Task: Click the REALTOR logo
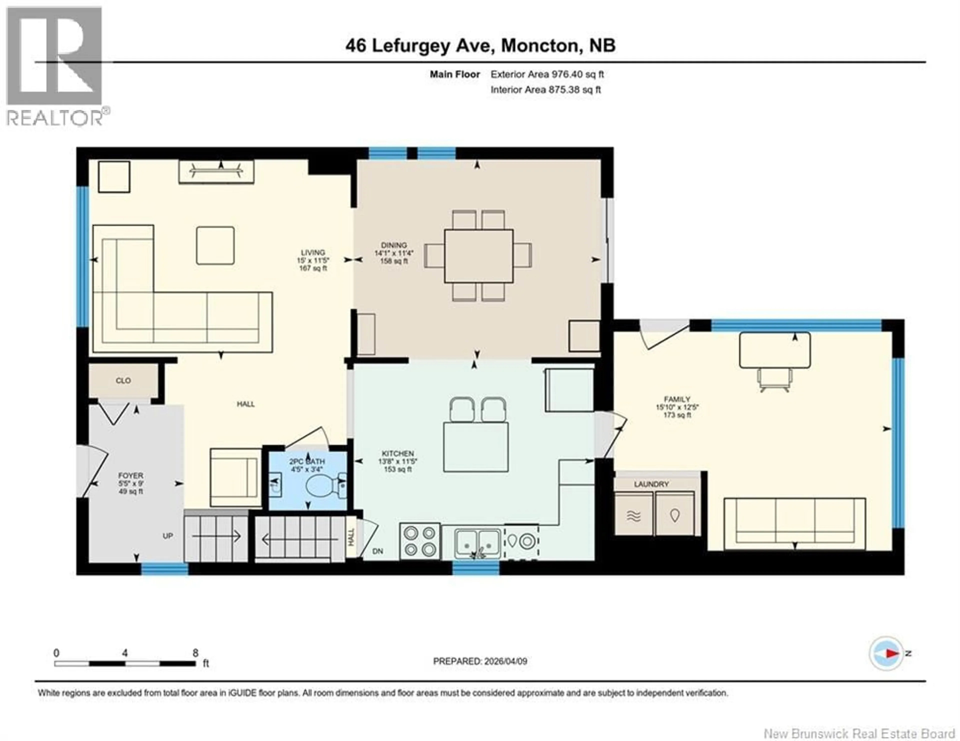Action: (55, 66)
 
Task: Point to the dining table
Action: (478, 256)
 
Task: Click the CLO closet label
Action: (123, 380)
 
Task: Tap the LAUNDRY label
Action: (651, 484)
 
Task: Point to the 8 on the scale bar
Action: (195, 653)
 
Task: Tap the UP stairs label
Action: (167, 536)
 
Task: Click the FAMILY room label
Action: (677, 399)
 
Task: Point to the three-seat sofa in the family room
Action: (794, 523)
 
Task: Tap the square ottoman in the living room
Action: (215, 245)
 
